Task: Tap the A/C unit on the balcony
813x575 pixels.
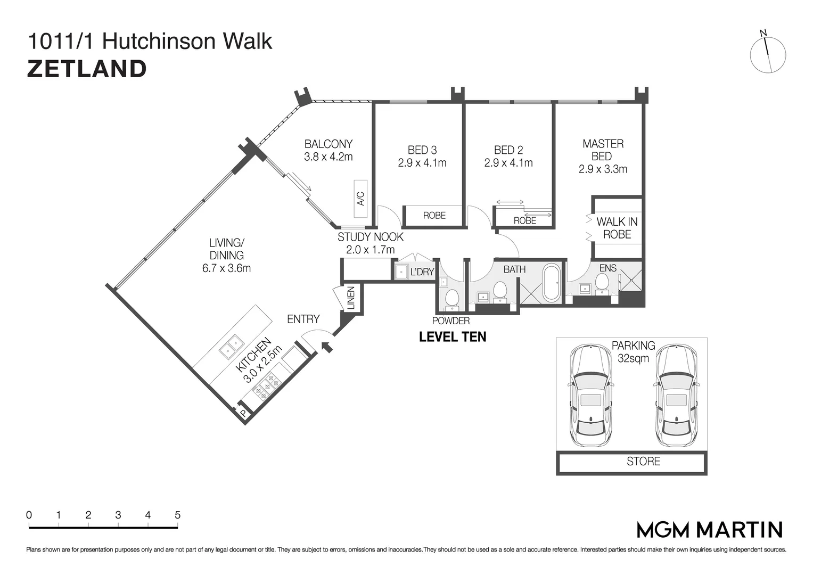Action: (360, 199)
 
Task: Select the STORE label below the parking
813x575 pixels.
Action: (643, 462)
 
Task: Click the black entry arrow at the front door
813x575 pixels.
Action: (327, 347)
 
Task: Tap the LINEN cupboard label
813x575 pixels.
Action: (351, 298)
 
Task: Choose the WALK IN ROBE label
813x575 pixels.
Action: (617, 228)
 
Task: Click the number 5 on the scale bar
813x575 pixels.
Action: (177, 515)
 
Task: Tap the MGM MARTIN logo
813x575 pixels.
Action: (710, 530)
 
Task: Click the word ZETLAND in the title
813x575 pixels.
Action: (87, 69)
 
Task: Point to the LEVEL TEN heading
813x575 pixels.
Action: (453, 337)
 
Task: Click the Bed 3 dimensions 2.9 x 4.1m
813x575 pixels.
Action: (422, 163)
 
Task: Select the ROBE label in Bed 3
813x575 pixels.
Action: (434, 216)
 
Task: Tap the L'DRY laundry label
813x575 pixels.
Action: (422, 272)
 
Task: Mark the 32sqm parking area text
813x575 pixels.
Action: (634, 359)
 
